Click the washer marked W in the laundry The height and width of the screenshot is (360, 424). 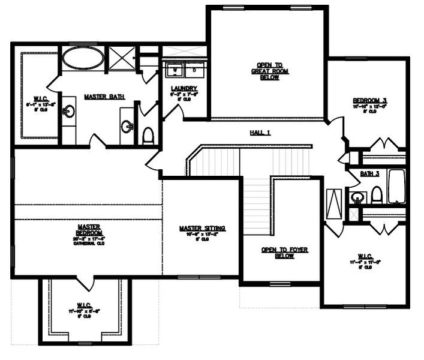pos(175,70)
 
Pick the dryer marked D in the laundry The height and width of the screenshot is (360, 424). pos(195,70)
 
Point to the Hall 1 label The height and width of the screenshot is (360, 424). pos(260,133)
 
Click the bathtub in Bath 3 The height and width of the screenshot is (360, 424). pos(397,187)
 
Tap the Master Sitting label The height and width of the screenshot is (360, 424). pos(203,229)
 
